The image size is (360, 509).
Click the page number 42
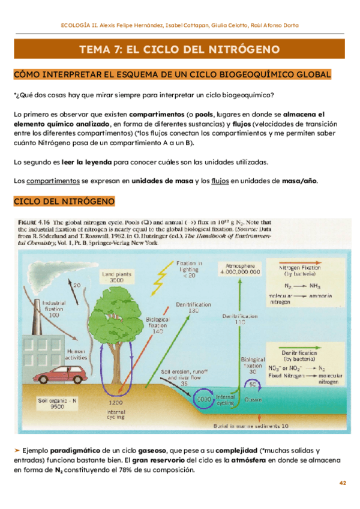(x=343, y=483)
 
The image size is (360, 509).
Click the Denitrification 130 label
(x=193, y=308)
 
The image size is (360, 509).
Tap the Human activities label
(x=76, y=354)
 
